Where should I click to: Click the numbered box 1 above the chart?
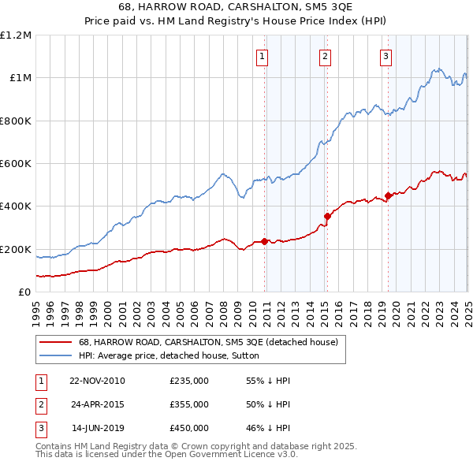coord(261,56)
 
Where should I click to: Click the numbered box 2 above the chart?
coord(325,56)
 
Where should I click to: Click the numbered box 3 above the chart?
coord(385,56)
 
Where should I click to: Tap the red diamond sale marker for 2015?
coord(328,216)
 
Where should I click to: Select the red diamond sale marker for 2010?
coord(265,242)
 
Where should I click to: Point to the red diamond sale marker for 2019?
coord(389,196)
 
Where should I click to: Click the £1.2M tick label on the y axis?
coord(17,35)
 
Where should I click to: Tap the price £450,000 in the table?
coord(189,428)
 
